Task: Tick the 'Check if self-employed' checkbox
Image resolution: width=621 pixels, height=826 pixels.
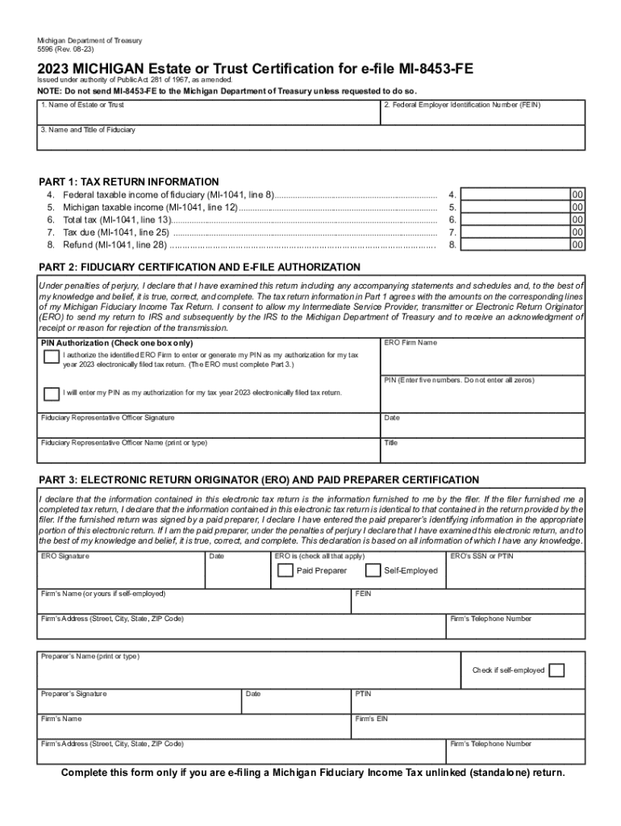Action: point(556,670)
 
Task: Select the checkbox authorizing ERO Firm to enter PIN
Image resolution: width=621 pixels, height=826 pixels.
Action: point(51,357)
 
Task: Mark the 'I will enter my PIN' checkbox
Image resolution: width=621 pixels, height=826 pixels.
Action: point(51,393)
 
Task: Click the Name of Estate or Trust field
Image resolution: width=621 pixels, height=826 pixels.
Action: point(208,116)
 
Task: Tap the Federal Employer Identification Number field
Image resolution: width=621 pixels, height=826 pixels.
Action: point(482,116)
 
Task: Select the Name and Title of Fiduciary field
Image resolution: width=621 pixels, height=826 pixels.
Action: point(310,140)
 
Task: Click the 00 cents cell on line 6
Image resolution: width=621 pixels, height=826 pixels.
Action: point(577,219)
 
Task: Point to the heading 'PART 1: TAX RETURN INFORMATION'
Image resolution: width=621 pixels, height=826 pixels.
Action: point(129,181)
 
